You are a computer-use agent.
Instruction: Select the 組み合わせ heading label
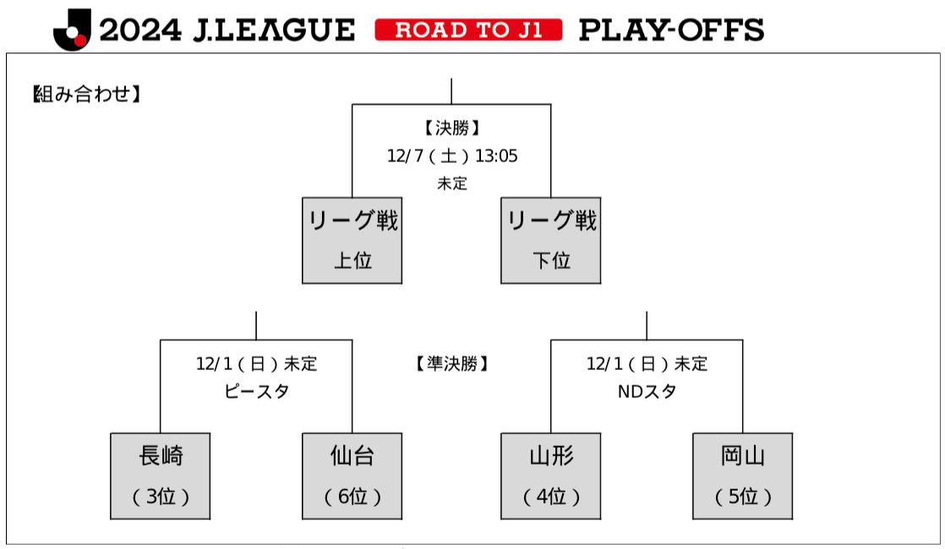tap(85, 94)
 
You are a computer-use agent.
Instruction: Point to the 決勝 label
tap(451, 128)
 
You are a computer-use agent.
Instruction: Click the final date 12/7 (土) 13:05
tap(451, 156)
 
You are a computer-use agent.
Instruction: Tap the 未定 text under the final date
tap(451, 183)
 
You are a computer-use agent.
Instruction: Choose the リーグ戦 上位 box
tap(352, 240)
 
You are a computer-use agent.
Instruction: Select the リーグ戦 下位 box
tap(550, 240)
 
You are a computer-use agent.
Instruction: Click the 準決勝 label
tap(451, 364)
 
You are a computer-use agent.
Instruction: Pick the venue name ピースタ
tap(256, 392)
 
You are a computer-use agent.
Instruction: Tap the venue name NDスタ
tap(647, 392)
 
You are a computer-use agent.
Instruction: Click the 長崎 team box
tap(160, 476)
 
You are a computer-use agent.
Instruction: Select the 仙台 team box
tap(352, 476)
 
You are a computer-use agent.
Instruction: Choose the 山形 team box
tap(550, 476)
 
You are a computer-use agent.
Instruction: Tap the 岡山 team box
tap(742, 476)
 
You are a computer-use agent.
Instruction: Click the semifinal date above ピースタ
tap(256, 364)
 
